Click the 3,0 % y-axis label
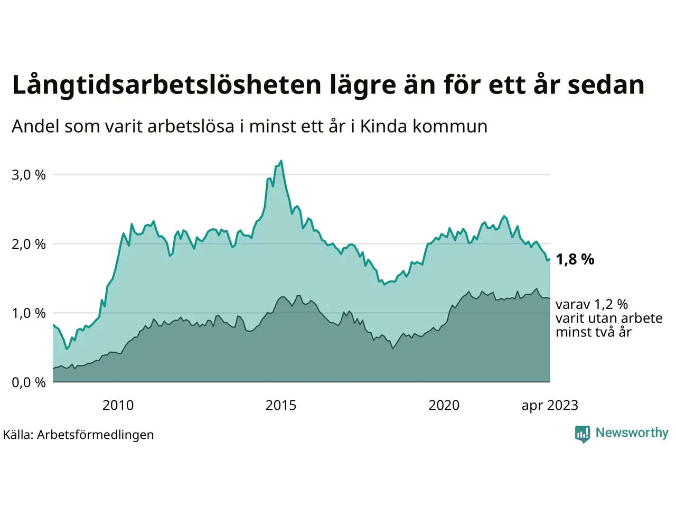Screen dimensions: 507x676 click(29, 175)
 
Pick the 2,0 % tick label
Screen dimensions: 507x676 click(29, 245)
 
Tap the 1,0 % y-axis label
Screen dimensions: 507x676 click(29, 313)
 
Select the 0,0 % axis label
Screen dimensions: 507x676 click(29, 382)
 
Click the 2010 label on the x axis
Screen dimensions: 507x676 click(118, 406)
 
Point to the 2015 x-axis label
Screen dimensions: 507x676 click(281, 406)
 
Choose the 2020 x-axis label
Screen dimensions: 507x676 click(444, 406)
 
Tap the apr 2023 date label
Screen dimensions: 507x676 click(550, 406)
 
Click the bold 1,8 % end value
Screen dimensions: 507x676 click(575, 259)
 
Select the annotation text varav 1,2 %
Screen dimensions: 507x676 click(591, 305)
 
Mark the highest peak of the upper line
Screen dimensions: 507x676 click(281, 161)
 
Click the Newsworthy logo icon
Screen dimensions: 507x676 click(583, 434)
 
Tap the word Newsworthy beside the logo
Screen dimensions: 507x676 click(632, 433)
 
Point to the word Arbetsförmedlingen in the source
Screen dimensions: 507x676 click(96, 435)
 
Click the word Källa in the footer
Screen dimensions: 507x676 click(18, 435)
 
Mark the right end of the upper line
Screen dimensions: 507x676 click(550, 259)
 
